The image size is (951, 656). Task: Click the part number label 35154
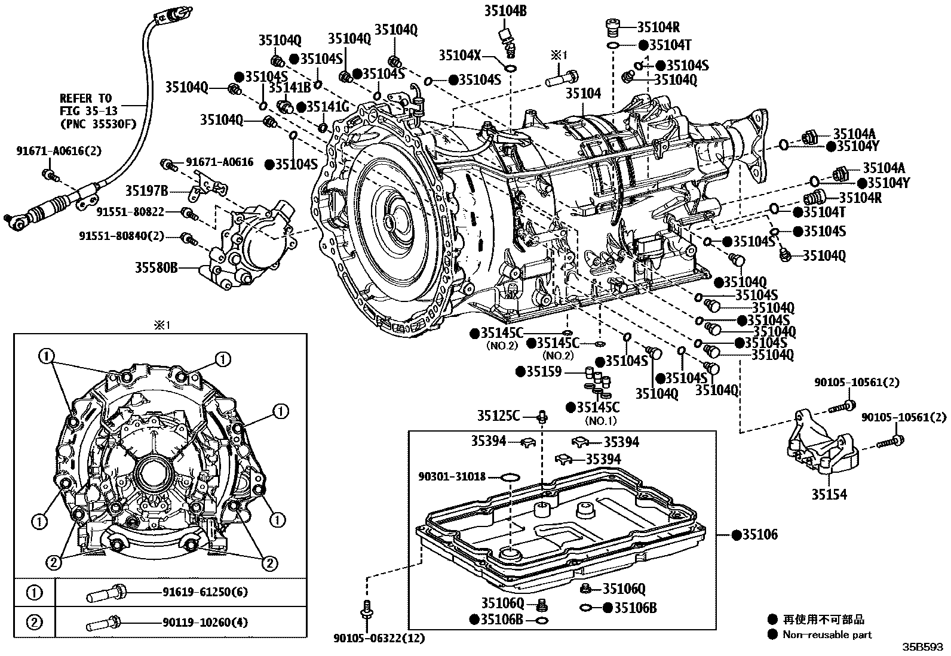point(829,495)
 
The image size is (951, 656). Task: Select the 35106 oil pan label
point(760,535)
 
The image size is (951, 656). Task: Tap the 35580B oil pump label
point(157,268)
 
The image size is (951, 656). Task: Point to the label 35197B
point(146,191)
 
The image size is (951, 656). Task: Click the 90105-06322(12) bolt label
point(379,638)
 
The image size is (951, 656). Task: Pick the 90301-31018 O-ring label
point(452,477)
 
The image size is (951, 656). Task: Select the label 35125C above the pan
point(498,415)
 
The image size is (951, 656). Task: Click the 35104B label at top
point(505,10)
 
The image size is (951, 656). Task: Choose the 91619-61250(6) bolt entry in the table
point(205,592)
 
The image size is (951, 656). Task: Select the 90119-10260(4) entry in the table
point(205,623)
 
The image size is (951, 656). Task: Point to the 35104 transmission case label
point(583,94)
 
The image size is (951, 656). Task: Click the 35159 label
point(544,372)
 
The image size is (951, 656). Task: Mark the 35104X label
point(460,56)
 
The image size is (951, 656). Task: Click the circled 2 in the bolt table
point(35,623)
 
